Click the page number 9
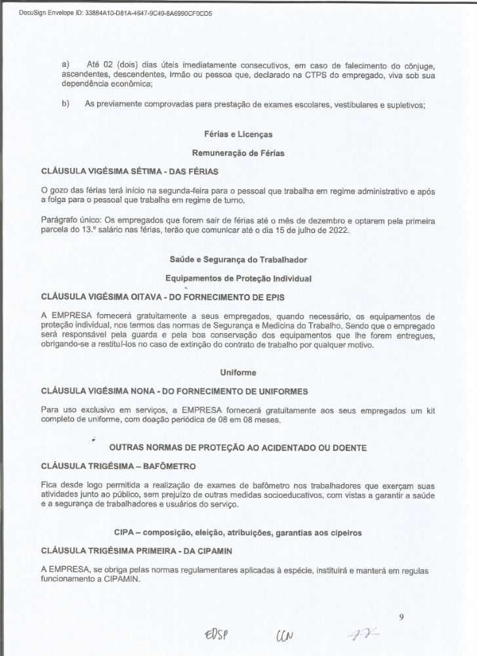[x=401, y=617]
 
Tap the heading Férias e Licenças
[x=238, y=134]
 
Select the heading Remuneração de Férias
[x=238, y=152]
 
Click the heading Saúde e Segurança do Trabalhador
[x=238, y=260]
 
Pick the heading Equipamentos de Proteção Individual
[x=238, y=278]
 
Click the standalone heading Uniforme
[x=238, y=373]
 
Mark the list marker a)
[x=65, y=66]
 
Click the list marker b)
[x=65, y=104]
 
